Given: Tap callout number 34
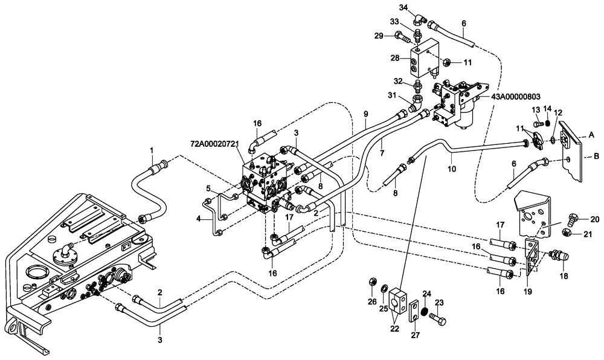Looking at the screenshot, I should [403, 7].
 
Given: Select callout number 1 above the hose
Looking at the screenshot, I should [152, 149].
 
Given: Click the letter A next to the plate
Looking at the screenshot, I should [593, 135].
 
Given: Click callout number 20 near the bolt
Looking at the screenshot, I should [594, 219].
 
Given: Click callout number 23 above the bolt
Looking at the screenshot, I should [439, 303].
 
